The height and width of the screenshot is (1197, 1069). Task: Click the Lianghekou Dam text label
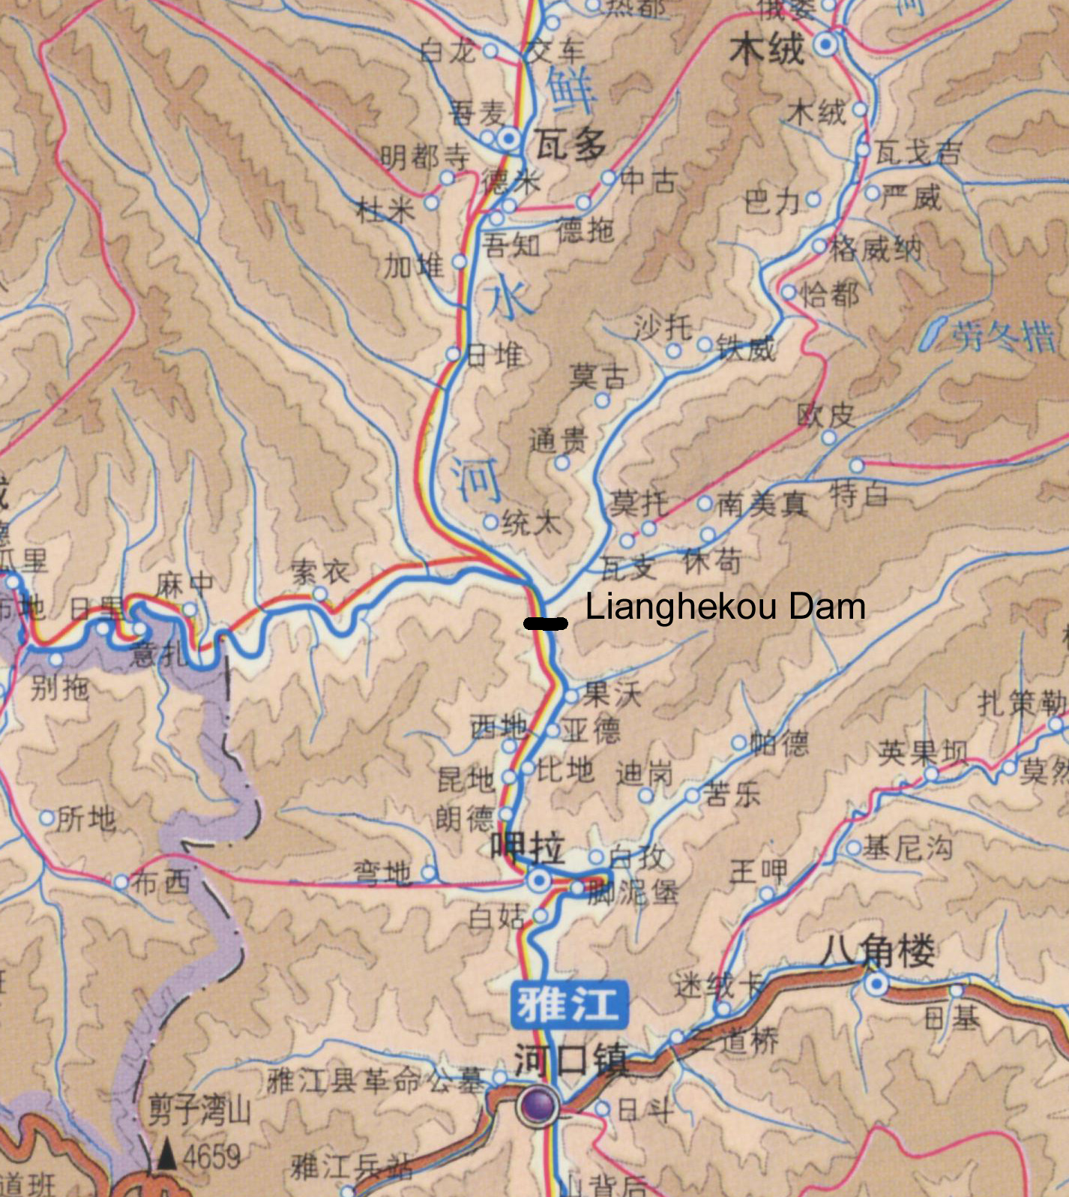point(725,607)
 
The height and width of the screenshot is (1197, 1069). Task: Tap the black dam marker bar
point(546,623)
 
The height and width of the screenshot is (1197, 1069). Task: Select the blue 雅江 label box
point(569,1004)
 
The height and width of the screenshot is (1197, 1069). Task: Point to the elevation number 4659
point(211,1156)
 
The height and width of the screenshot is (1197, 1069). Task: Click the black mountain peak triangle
point(166,1156)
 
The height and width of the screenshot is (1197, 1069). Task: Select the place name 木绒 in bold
point(767,50)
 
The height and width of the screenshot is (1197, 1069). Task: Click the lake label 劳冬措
point(1004,337)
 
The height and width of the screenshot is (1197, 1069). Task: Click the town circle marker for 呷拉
point(538,880)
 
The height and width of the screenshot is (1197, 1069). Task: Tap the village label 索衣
point(321,573)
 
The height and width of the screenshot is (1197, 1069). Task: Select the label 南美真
point(762,504)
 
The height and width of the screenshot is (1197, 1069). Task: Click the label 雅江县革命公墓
point(376,1081)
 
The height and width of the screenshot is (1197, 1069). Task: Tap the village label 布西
point(160,882)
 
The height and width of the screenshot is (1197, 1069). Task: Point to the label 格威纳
point(875,248)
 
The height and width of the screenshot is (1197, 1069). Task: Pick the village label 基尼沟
point(908,848)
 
